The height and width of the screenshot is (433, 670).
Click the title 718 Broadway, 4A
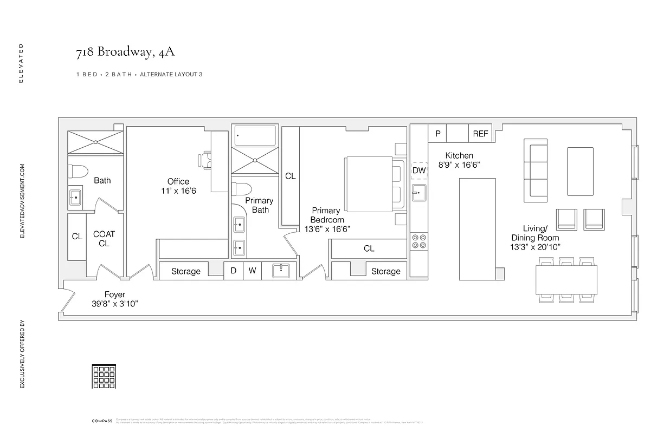click(x=125, y=53)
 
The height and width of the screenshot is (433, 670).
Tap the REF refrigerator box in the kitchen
click(x=480, y=134)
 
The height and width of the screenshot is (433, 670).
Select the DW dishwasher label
click(x=419, y=170)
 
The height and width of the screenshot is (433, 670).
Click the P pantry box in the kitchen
click(x=437, y=134)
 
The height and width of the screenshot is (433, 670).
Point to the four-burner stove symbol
click(x=419, y=241)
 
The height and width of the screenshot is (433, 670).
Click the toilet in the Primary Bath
click(x=241, y=190)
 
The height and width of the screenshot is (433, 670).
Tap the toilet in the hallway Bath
click(x=78, y=172)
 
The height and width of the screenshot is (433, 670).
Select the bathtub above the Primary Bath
click(x=255, y=135)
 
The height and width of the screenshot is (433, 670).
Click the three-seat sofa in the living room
click(x=536, y=168)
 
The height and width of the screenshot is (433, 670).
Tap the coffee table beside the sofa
click(x=580, y=171)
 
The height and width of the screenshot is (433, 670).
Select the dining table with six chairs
click(x=566, y=279)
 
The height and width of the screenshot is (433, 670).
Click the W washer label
click(x=252, y=271)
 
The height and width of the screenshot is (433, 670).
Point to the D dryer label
click(x=233, y=271)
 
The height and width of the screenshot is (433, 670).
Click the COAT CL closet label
click(x=104, y=239)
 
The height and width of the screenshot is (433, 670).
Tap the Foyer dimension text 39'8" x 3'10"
click(x=115, y=304)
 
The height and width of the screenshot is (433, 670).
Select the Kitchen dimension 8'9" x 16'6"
click(x=459, y=165)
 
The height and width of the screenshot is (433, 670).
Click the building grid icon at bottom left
click(x=104, y=376)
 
